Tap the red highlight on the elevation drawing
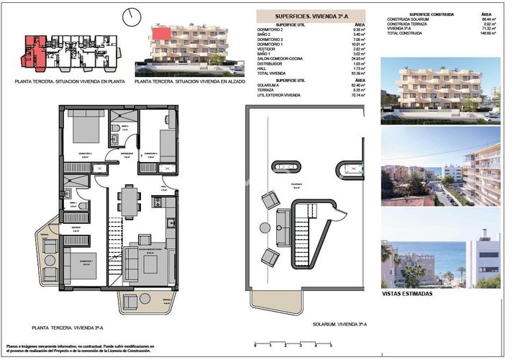click(160, 32)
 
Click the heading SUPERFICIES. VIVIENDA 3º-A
click(310, 15)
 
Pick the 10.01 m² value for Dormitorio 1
click(358, 43)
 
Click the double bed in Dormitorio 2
click(87, 129)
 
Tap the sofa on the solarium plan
click(270, 199)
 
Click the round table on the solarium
click(265, 229)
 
